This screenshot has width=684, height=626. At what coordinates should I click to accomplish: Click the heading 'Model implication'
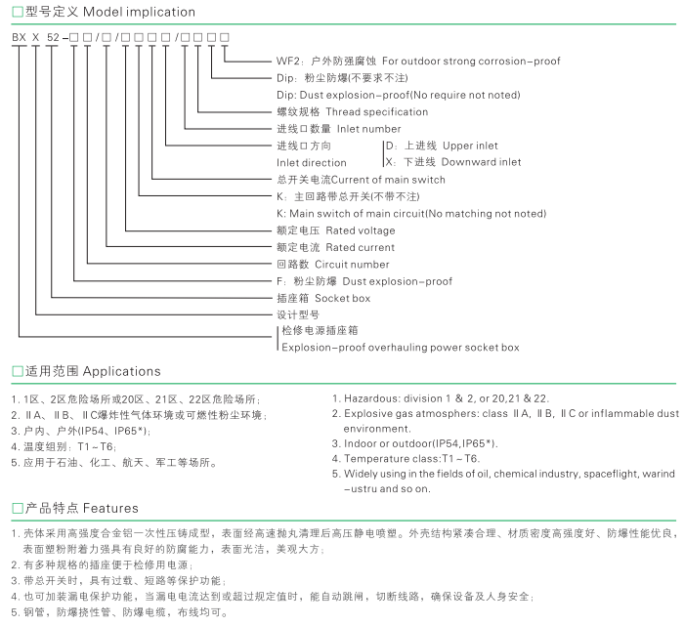(x=140, y=13)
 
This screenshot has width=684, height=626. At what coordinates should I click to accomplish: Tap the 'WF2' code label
(x=288, y=61)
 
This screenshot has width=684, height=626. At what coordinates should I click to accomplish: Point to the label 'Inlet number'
(x=368, y=129)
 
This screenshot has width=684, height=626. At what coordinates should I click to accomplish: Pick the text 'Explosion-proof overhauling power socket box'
(x=400, y=348)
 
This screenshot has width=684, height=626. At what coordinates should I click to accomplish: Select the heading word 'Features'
(x=110, y=509)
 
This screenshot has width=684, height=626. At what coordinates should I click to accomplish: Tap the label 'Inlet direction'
(x=311, y=163)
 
